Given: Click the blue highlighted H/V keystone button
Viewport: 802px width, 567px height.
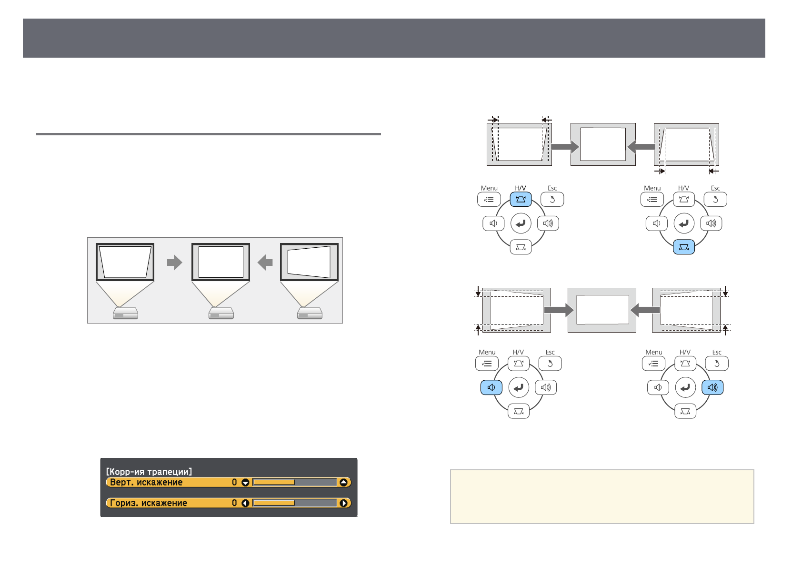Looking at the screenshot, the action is [x=520, y=199].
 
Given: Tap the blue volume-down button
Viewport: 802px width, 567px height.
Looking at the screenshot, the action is [x=491, y=387].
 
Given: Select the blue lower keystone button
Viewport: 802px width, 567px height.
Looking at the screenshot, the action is [x=683, y=247].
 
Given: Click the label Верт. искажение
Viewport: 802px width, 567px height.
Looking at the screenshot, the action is [x=146, y=482].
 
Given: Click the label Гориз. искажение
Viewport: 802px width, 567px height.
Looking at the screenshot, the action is [x=148, y=503].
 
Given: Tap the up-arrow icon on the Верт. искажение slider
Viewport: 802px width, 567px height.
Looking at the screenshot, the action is [x=343, y=483].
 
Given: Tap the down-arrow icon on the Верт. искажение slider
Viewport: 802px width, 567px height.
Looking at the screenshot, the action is [x=245, y=483].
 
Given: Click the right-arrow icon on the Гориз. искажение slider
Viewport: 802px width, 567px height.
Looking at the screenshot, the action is [x=343, y=503].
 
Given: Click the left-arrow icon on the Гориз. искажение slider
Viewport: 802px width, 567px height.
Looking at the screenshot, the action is [x=245, y=503].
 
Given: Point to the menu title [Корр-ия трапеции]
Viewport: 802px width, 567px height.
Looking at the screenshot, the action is [x=149, y=471].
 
